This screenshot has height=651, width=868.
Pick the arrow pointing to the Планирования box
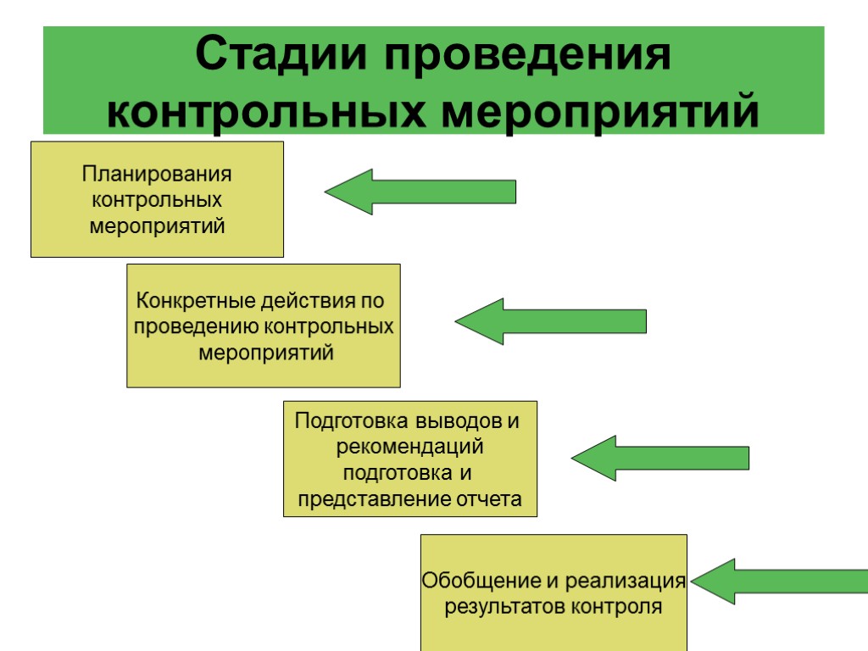tap(420, 192)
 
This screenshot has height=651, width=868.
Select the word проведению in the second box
tap(196, 326)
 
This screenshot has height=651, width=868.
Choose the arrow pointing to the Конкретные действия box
tap(551, 321)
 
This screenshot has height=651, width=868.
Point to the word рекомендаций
tap(410, 445)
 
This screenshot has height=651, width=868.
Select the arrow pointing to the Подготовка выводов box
tap(660, 459)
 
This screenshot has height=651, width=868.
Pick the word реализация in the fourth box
tap(626, 581)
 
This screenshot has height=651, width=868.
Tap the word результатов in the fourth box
tap(505, 607)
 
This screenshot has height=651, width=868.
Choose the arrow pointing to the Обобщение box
tap(778, 581)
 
